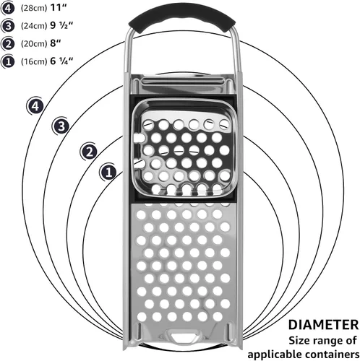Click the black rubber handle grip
point(182,17)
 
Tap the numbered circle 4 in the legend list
point(8,8)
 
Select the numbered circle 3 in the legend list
point(8,26)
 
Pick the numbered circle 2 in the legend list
point(8,44)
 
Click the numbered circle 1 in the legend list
point(8,62)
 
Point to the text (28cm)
point(34,8)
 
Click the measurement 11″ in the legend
point(58,8)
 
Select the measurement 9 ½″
point(61,25)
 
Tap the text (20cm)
point(34,44)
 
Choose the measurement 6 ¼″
point(61,61)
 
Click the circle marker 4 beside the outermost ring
point(35,106)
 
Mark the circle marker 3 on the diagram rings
point(61,126)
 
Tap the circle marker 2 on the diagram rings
point(89,152)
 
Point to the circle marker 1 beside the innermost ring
point(108,173)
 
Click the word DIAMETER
point(323,325)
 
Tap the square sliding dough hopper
point(185,147)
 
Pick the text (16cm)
point(34,61)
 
